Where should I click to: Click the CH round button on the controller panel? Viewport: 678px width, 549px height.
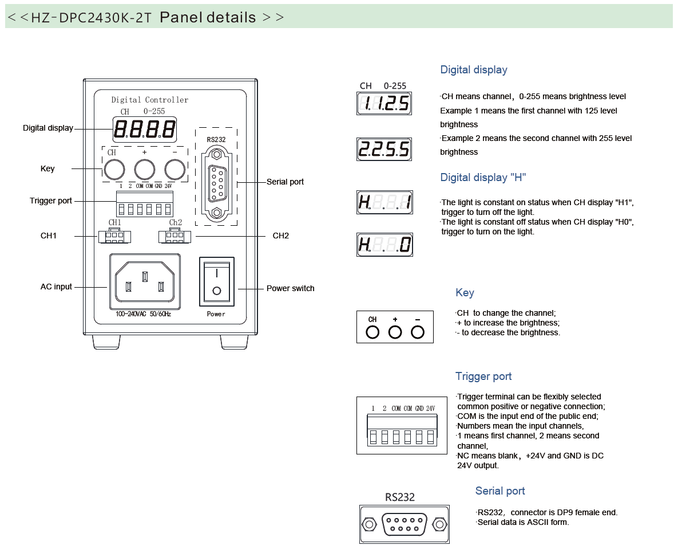[x=114, y=170]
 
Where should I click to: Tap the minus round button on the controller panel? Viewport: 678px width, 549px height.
[x=175, y=170]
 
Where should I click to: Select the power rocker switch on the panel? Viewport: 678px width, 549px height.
[x=216, y=281]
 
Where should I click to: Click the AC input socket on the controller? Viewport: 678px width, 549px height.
[x=144, y=282]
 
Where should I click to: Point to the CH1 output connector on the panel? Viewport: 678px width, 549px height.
[x=114, y=236]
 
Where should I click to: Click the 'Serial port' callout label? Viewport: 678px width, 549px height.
[x=285, y=182]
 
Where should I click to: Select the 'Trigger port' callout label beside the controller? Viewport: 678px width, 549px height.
[x=51, y=201]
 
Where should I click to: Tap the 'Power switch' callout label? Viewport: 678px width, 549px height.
[x=290, y=288]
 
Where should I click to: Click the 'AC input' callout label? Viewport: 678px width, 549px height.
[x=56, y=287]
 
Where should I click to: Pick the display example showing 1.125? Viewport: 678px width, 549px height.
[x=384, y=104]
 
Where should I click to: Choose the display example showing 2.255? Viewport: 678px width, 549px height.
[x=384, y=150]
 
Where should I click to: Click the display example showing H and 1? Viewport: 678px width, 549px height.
[x=384, y=202]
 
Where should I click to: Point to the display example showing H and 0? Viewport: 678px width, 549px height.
[x=384, y=245]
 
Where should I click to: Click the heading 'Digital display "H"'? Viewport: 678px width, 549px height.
[x=482, y=178]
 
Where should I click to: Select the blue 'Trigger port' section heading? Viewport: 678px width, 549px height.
[x=483, y=377]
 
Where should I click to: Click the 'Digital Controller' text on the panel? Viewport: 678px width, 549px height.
[x=149, y=100]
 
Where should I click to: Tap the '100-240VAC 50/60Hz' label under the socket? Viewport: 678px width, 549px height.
[x=143, y=314]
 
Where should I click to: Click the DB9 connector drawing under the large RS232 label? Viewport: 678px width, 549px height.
[x=404, y=524]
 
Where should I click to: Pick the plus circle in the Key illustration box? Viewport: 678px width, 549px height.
[x=395, y=332]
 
